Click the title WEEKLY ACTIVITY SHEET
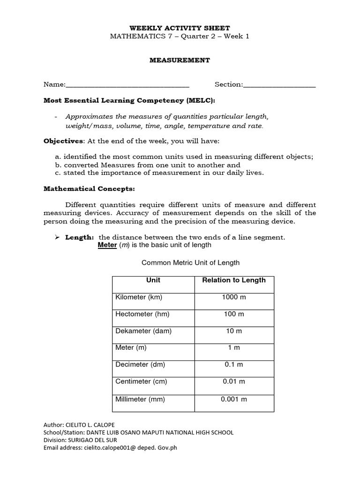point(180,28)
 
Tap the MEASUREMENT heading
point(180,60)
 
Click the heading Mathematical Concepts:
point(89,189)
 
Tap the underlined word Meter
point(107,245)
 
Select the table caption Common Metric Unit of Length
point(190,263)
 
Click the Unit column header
point(153,280)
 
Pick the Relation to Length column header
point(233,280)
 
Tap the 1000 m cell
point(233,297)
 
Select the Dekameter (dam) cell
point(143,331)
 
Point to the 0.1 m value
point(233,365)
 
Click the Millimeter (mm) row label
point(140,399)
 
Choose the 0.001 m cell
point(233,399)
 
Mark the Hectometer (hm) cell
point(142,314)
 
